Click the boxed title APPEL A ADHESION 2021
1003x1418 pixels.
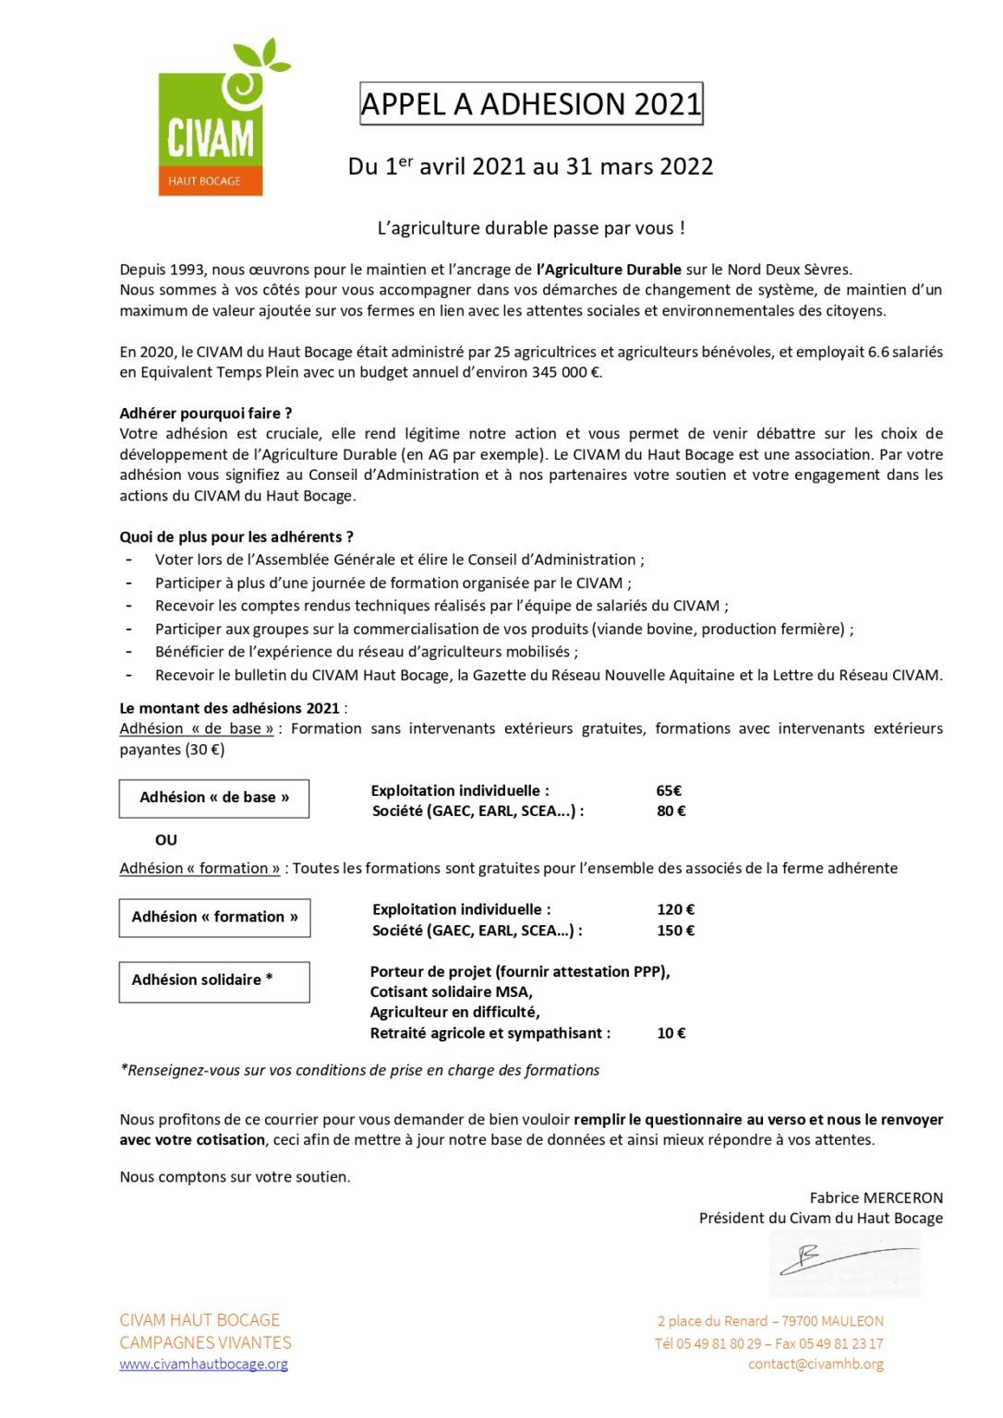[x=531, y=104]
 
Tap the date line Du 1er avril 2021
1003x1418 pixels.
[x=530, y=167]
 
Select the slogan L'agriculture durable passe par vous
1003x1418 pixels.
[x=531, y=228]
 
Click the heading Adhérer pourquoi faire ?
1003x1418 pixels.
[x=206, y=413]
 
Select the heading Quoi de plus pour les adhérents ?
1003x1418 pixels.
[x=236, y=536]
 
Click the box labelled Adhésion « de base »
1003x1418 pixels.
[x=214, y=798]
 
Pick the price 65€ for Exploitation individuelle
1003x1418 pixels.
[x=669, y=790]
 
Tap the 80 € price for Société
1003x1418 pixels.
[x=671, y=811]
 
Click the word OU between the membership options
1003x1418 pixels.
[x=166, y=840]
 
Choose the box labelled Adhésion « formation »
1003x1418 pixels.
[x=214, y=918]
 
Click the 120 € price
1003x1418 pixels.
[x=675, y=909]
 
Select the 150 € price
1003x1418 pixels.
[x=675, y=931]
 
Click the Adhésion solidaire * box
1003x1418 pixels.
[x=214, y=980]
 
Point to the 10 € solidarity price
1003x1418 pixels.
[x=671, y=1033]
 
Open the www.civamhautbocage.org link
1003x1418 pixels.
[x=203, y=1364]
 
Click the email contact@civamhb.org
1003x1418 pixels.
[x=816, y=1364]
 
